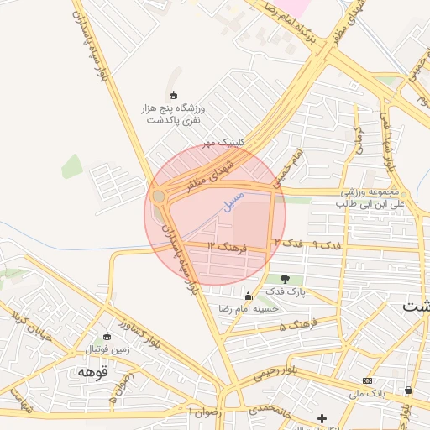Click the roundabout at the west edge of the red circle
coord(159,197)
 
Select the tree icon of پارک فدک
coord(285,279)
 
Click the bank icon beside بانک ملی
coord(366,380)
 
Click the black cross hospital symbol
coord(322,417)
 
